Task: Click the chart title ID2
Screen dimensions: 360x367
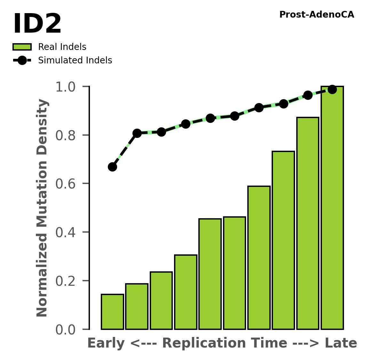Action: point(37,24)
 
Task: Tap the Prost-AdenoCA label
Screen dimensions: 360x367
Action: point(316,15)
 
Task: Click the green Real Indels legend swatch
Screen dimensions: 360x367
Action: point(22,47)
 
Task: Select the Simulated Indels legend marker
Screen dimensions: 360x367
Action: point(22,60)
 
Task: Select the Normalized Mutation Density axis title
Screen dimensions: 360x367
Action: point(42,208)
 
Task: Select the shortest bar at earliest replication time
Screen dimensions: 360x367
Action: point(112,312)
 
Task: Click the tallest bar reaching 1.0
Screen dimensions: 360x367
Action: point(332,208)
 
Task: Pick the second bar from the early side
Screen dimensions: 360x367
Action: point(137,306)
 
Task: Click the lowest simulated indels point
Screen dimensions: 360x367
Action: point(112,167)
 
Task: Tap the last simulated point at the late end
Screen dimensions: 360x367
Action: point(332,89)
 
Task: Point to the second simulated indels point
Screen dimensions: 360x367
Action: point(137,133)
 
